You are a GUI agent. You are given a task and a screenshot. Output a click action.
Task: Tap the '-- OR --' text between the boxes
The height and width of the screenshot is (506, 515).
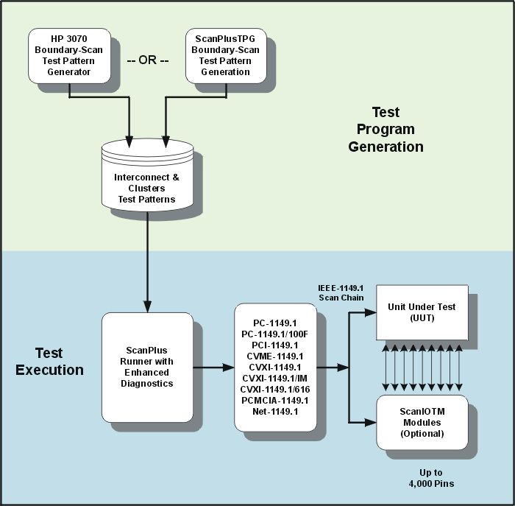point(147,60)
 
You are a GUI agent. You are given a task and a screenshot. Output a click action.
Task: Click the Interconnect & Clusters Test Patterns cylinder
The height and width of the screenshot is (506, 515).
point(148,177)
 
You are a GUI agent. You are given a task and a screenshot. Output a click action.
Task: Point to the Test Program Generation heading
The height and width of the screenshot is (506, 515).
point(386,129)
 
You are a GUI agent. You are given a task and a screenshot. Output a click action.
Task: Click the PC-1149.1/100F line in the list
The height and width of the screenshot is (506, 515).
point(274,334)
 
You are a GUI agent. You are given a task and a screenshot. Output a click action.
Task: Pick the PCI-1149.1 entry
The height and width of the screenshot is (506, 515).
point(274,345)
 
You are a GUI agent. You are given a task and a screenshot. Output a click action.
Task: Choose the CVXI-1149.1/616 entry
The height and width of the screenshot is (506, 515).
point(274,389)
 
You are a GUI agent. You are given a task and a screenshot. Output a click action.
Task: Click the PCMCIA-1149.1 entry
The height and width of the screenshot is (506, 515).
point(274,400)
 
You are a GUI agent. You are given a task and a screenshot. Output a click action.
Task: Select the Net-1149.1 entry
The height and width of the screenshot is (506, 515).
point(274,411)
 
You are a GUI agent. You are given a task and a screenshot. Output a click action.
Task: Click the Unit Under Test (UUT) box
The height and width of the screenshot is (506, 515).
point(422,312)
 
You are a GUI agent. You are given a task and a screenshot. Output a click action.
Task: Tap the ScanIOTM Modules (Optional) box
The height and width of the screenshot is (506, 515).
point(422,423)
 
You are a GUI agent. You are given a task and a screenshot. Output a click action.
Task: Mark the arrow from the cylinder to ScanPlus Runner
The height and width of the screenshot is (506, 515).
point(148,258)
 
